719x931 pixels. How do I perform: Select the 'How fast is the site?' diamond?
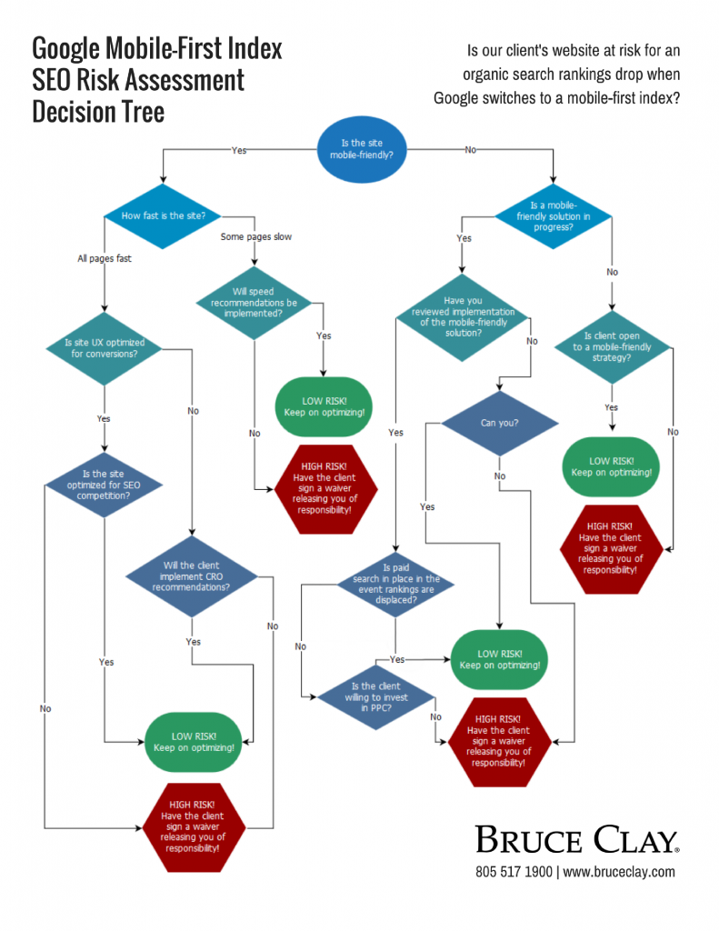[x=164, y=215]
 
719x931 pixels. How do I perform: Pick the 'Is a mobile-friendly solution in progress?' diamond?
[x=554, y=215]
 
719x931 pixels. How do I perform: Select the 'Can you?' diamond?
[x=499, y=423]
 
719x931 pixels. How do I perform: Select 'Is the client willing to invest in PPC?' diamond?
[x=374, y=697]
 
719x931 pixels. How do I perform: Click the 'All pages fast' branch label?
[x=105, y=259]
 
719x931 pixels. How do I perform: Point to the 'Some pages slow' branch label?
[x=255, y=237]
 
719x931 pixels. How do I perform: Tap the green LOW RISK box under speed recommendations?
[x=325, y=405]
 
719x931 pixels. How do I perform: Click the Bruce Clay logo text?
[x=575, y=839]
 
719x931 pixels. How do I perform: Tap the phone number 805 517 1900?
[x=514, y=872]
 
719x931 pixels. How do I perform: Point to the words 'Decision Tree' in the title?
[x=98, y=111]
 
